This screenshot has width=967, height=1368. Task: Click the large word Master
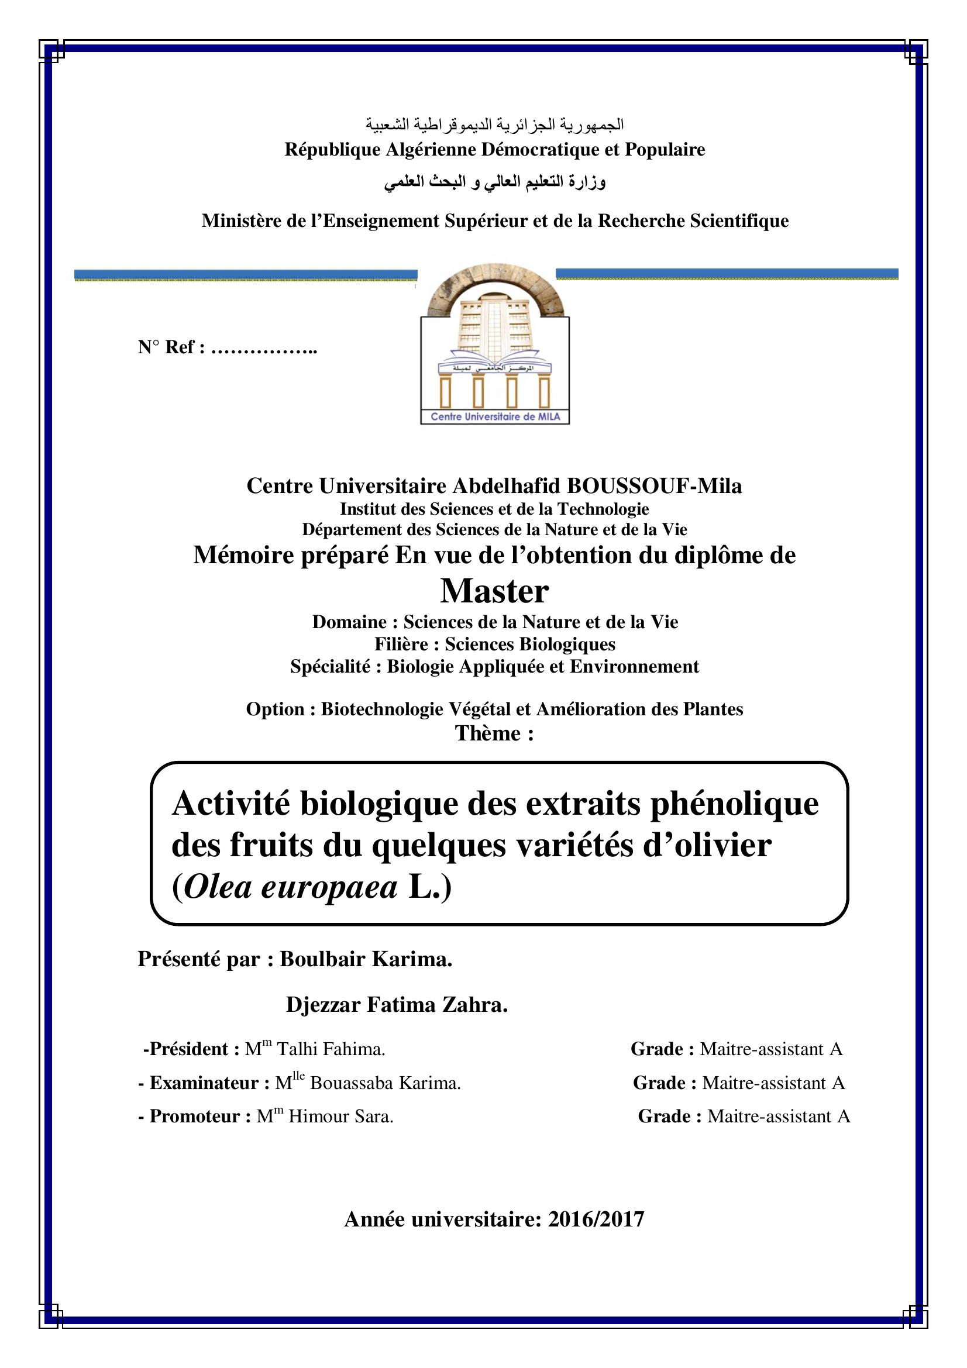494,591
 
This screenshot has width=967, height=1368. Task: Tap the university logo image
494,346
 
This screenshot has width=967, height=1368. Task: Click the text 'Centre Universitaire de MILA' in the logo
495,416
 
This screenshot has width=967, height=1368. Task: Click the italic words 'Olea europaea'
291,888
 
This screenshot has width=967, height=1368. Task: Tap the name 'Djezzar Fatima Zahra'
396,1005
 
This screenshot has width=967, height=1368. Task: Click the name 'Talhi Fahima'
331,1049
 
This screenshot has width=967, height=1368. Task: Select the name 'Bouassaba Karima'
385,1083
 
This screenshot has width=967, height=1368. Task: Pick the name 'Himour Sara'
340,1116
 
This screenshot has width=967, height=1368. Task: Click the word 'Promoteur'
194,1116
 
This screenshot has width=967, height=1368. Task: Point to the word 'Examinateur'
204,1083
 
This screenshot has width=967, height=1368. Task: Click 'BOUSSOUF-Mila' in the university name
653,486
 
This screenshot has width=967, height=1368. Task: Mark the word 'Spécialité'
329,666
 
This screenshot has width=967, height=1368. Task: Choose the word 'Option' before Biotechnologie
276,709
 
